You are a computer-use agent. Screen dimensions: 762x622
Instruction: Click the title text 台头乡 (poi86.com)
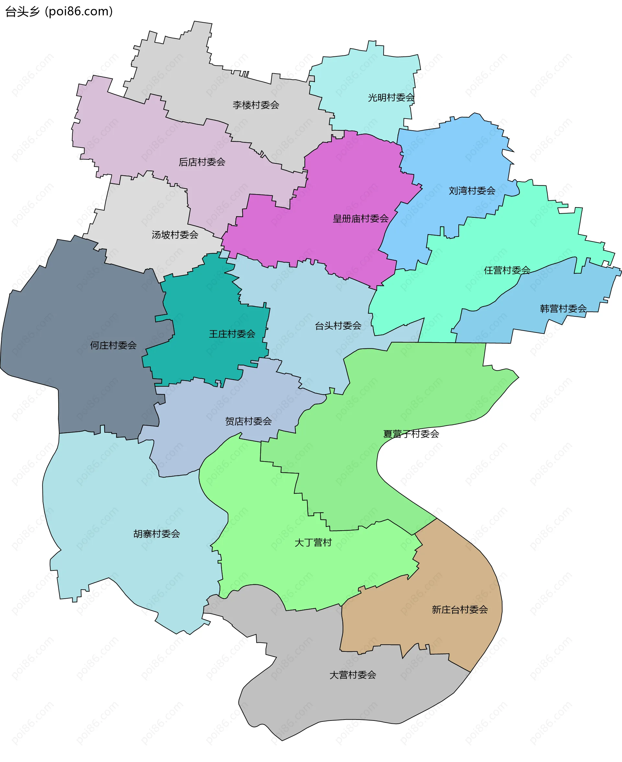[59, 11]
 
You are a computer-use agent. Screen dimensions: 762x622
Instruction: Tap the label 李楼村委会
[256, 105]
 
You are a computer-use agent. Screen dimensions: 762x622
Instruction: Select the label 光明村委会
[391, 98]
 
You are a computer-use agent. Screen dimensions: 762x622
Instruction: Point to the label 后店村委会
[202, 162]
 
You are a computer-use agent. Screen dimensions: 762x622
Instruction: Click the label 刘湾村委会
[472, 191]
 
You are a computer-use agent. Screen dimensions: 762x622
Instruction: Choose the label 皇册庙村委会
[361, 219]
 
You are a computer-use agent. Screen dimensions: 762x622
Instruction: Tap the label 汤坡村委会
[175, 235]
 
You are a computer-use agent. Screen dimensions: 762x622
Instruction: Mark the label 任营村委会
[507, 270]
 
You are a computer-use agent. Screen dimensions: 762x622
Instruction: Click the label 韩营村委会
[563, 309]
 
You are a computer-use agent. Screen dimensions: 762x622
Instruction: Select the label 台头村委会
[338, 326]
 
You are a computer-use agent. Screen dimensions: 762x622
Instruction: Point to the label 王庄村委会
[232, 334]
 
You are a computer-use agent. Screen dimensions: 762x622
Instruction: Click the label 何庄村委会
[113, 345]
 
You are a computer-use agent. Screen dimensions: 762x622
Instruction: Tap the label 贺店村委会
[248, 421]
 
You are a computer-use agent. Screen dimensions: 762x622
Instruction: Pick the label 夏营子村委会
[411, 434]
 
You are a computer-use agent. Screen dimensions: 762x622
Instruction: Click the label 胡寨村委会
[156, 534]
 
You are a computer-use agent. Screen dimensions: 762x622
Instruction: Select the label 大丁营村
[313, 543]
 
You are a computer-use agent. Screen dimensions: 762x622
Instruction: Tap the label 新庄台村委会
[460, 610]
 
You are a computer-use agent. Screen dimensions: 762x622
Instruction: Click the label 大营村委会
[352, 675]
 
